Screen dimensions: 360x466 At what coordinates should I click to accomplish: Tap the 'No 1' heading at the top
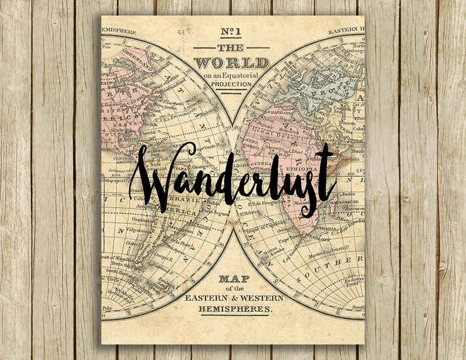(232, 33)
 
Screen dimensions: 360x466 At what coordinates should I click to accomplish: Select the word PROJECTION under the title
(232, 84)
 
